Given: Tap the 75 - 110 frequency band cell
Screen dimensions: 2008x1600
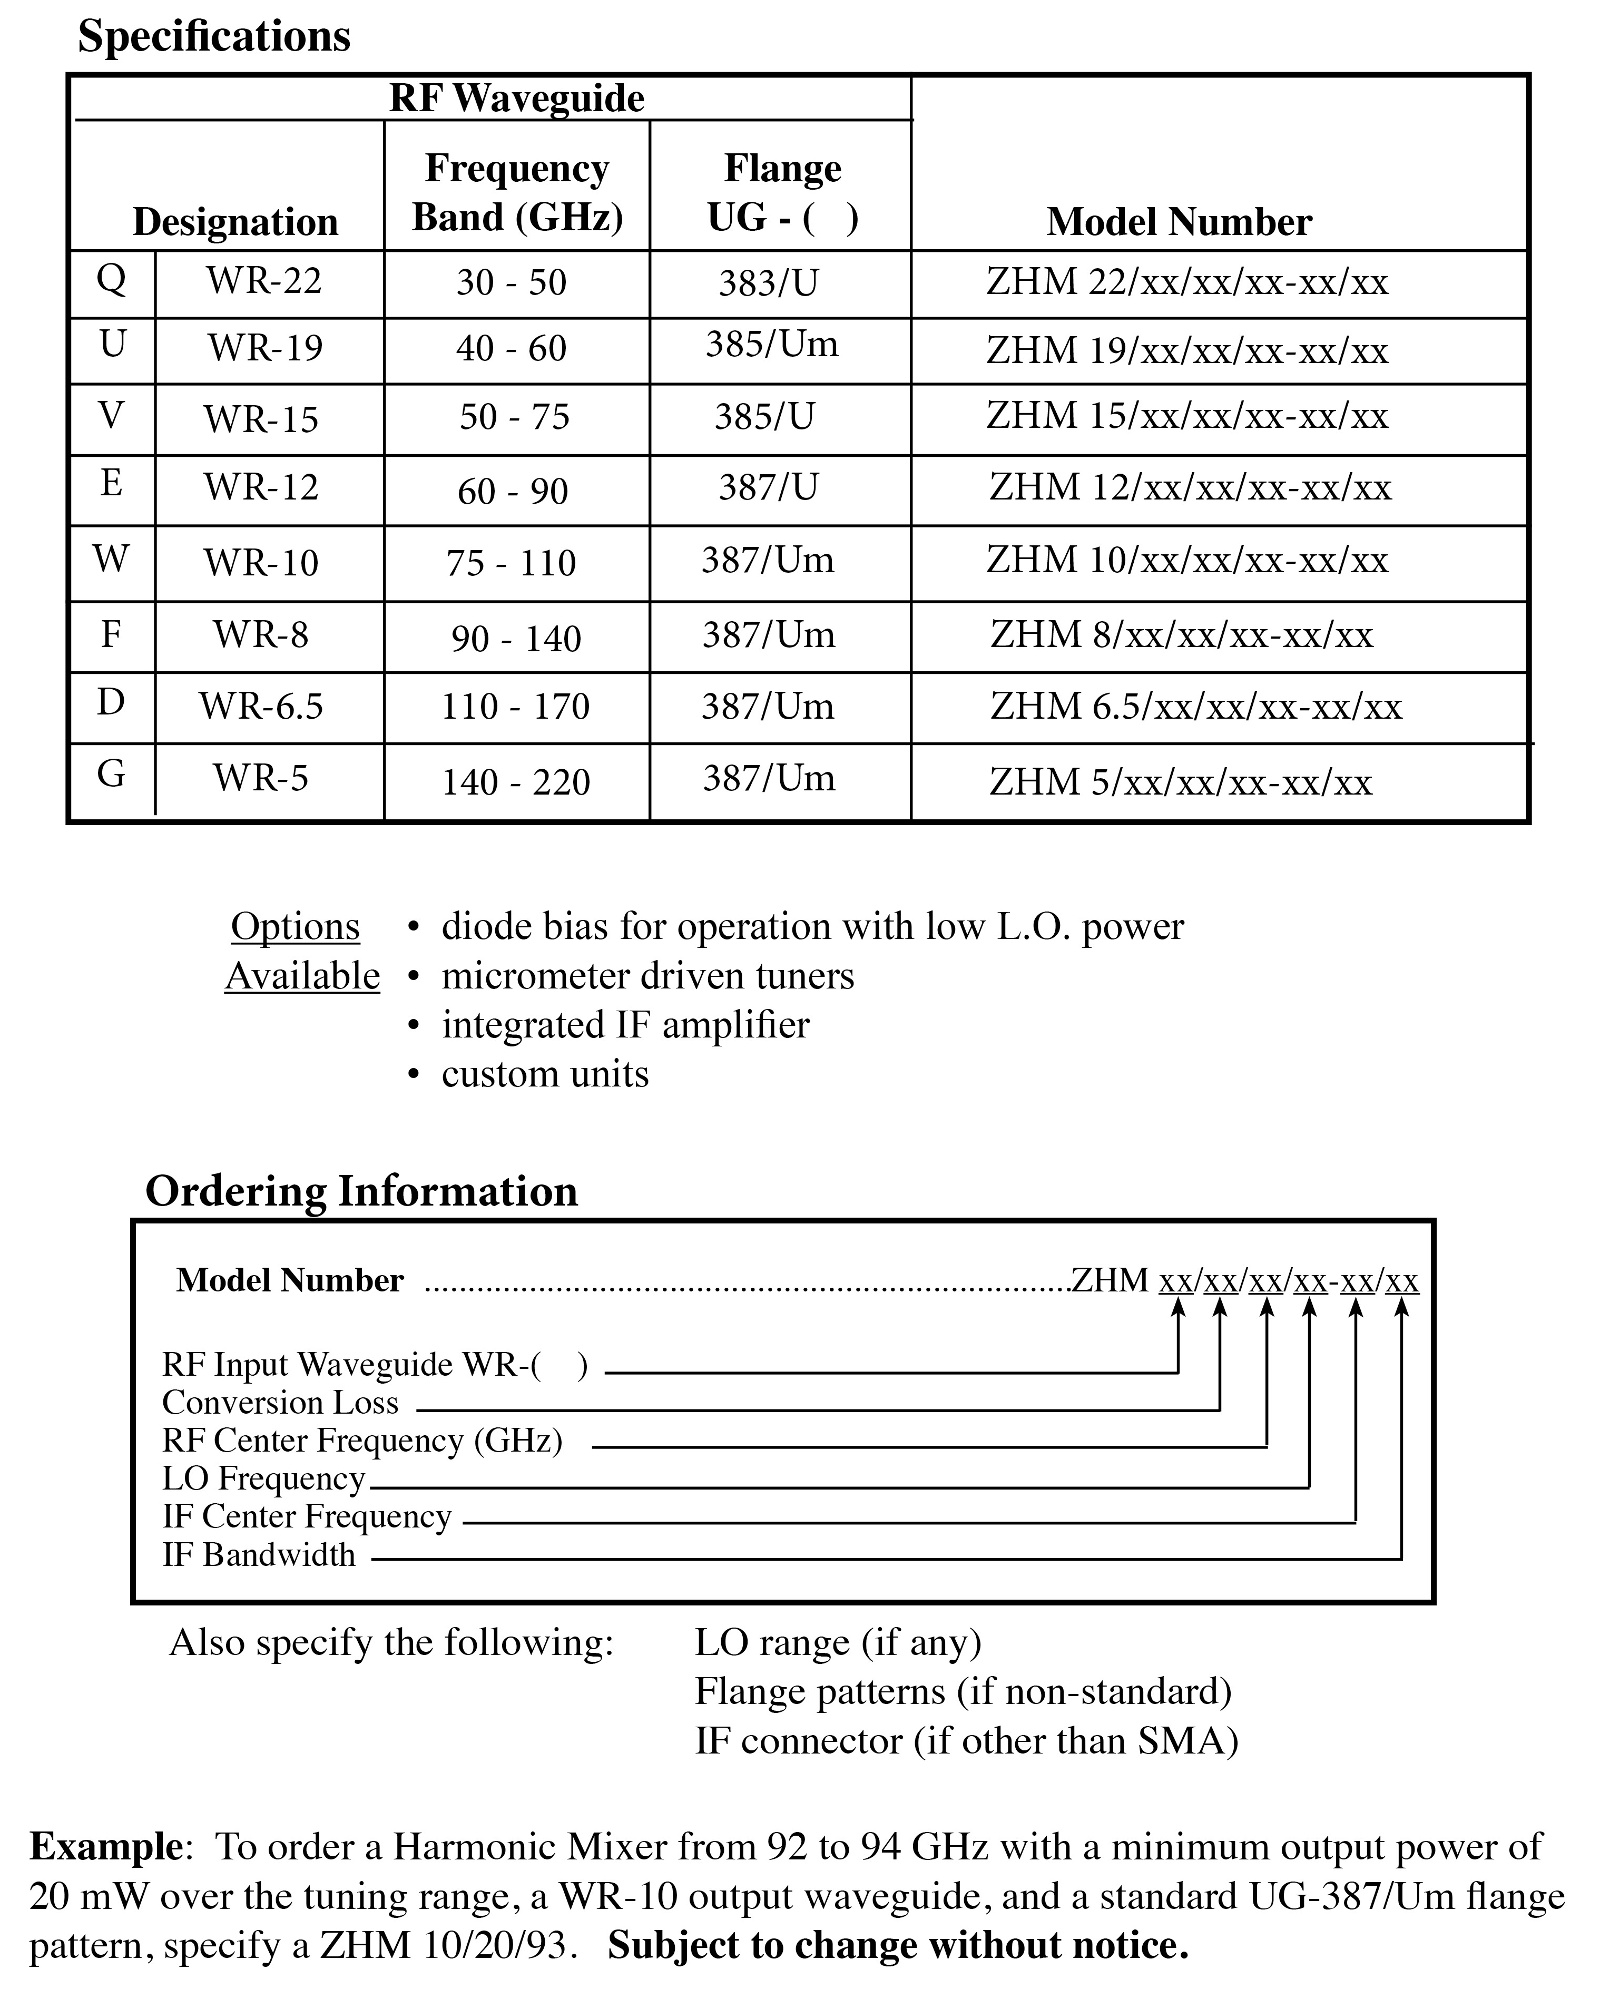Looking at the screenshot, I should pyautogui.click(x=511, y=563).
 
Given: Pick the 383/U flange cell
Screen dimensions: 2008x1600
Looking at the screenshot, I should pyautogui.click(x=768, y=283).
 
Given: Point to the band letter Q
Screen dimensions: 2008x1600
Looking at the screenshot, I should pyautogui.click(x=111, y=278).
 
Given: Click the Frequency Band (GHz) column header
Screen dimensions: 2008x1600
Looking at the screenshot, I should pyautogui.click(x=517, y=193).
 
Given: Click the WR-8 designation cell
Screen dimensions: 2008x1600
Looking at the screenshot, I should pyautogui.click(x=261, y=635).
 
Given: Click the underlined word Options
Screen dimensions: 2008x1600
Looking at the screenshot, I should pyautogui.click(x=295, y=927).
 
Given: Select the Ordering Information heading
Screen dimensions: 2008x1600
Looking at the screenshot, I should pyautogui.click(x=361, y=1191).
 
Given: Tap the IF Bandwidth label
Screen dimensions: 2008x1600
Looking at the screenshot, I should pyautogui.click(x=259, y=1554).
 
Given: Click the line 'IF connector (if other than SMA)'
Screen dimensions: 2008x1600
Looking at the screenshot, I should pyautogui.click(x=966, y=1741).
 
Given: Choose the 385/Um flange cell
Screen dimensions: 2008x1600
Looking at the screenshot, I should pyautogui.click(x=771, y=345).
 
